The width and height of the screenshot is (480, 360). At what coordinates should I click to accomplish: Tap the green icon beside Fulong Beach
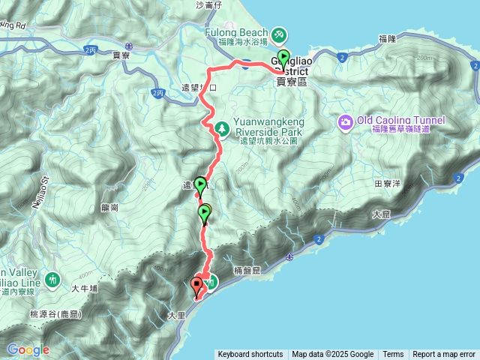tap(279, 34)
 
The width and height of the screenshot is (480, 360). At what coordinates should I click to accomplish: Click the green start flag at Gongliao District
tap(283, 58)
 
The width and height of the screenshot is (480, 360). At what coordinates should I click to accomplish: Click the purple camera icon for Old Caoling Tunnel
tap(345, 121)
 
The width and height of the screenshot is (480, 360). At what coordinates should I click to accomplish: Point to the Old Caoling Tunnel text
tap(401, 120)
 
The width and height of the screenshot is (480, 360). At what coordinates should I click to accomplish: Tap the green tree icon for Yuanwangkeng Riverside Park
tap(222, 128)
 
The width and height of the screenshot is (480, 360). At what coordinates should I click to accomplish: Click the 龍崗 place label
tap(109, 208)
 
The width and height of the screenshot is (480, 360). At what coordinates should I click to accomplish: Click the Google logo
tap(28, 349)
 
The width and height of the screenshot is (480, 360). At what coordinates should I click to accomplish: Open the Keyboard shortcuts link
tap(250, 355)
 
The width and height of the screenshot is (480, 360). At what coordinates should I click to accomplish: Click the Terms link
tap(393, 355)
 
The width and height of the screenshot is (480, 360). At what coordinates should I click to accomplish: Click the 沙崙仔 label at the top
tap(208, 5)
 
